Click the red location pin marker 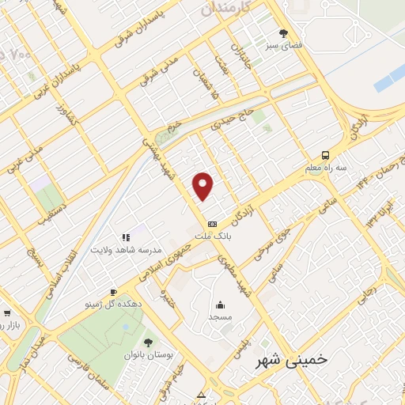[204, 186]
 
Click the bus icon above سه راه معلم [326, 155]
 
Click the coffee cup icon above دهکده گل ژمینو [114, 292]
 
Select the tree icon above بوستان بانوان [148, 343]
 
